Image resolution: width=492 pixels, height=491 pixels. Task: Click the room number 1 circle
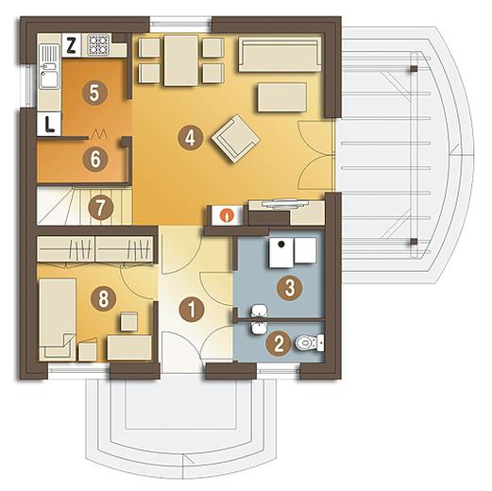(x=192, y=310)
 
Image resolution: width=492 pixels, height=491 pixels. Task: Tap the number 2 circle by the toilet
(x=279, y=344)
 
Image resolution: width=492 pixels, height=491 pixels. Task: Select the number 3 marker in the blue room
(x=290, y=287)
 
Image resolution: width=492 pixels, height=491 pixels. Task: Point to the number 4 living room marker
(x=190, y=138)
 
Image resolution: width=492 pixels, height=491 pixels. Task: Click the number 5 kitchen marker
(x=94, y=93)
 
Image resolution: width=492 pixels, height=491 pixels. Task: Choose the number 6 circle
(x=95, y=159)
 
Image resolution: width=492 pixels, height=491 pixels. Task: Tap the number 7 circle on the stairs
(x=101, y=208)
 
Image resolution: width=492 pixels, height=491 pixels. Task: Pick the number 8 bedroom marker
(x=103, y=298)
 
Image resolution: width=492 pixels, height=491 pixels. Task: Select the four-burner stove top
(x=98, y=44)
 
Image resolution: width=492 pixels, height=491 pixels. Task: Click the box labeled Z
(x=72, y=46)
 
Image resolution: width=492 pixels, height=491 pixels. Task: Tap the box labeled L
(x=49, y=124)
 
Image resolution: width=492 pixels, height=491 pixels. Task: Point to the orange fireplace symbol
(x=227, y=215)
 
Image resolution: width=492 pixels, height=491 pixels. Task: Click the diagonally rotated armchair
(x=236, y=139)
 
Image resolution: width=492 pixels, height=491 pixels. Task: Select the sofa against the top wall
(x=280, y=54)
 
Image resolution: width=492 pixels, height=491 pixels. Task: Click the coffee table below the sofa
(x=282, y=97)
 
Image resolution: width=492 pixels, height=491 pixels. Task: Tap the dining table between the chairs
(x=181, y=60)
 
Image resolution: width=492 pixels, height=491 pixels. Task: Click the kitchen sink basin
(x=49, y=78)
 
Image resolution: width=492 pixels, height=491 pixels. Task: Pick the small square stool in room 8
(x=129, y=321)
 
